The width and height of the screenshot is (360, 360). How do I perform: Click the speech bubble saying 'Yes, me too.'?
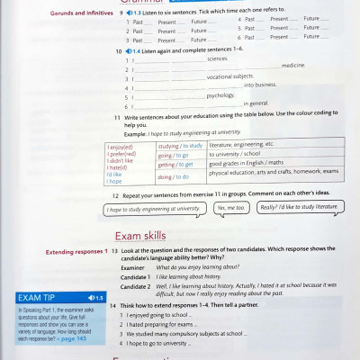point(230,208)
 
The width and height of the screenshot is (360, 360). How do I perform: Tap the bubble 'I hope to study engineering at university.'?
point(153,208)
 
